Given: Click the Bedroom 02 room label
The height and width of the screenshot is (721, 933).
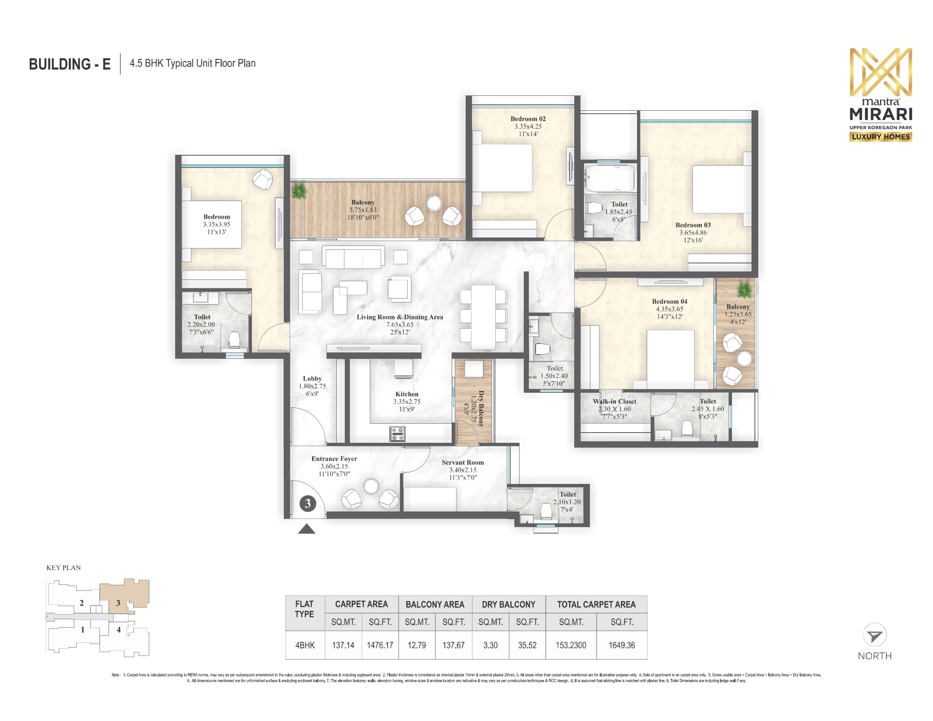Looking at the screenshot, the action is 528,119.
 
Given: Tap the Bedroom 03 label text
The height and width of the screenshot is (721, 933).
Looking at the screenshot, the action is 693,225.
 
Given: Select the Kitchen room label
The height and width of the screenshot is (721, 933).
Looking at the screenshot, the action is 407,394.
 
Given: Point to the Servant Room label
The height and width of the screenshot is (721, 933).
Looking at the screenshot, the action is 463,463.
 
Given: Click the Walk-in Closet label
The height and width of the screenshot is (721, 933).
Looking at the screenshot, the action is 615,402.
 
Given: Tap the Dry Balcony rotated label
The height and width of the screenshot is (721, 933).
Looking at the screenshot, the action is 481,408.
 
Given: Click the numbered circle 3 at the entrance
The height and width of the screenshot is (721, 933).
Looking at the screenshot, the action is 307,503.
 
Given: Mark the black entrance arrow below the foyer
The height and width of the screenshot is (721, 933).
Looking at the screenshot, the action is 306,529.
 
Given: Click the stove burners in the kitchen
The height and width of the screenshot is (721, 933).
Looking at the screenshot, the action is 397,434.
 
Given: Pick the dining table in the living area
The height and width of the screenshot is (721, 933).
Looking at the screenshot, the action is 483,316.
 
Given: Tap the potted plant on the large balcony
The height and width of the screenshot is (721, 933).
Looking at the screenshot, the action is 299,190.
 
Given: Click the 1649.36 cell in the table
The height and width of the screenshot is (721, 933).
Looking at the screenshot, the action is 622,645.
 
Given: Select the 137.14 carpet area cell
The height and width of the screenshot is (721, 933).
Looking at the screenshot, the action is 343,645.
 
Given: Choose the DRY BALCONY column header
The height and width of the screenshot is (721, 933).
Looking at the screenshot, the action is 508,604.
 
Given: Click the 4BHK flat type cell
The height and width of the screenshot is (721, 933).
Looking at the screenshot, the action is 305,645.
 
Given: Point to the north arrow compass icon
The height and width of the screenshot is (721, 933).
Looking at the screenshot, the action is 874,635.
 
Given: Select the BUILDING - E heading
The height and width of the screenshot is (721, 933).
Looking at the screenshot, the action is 70,64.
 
